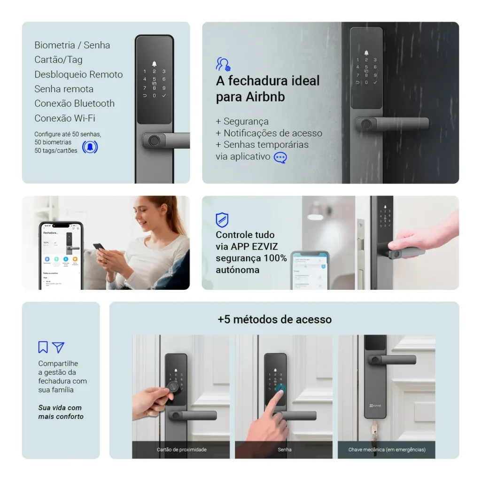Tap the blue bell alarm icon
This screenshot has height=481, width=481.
[x=90, y=147]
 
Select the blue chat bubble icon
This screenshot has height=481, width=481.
[x=280, y=157]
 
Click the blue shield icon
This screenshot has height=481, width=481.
[x=222, y=219]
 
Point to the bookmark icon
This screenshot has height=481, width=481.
[x=43, y=347]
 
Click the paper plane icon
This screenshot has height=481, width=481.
[x=58, y=347]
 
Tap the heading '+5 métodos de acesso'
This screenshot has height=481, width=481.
[x=274, y=319]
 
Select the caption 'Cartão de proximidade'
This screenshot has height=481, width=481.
[x=181, y=450]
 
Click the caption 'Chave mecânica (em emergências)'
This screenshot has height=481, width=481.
[x=387, y=450]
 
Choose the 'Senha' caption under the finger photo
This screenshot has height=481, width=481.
[x=284, y=450]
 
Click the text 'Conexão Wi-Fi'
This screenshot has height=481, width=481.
[x=65, y=118]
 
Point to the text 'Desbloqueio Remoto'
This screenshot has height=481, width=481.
[x=78, y=74]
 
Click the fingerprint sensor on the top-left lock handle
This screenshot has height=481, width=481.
[x=154, y=140]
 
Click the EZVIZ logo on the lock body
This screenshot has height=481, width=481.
[x=375, y=405]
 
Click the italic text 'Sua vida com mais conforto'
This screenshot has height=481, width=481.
[x=61, y=412]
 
